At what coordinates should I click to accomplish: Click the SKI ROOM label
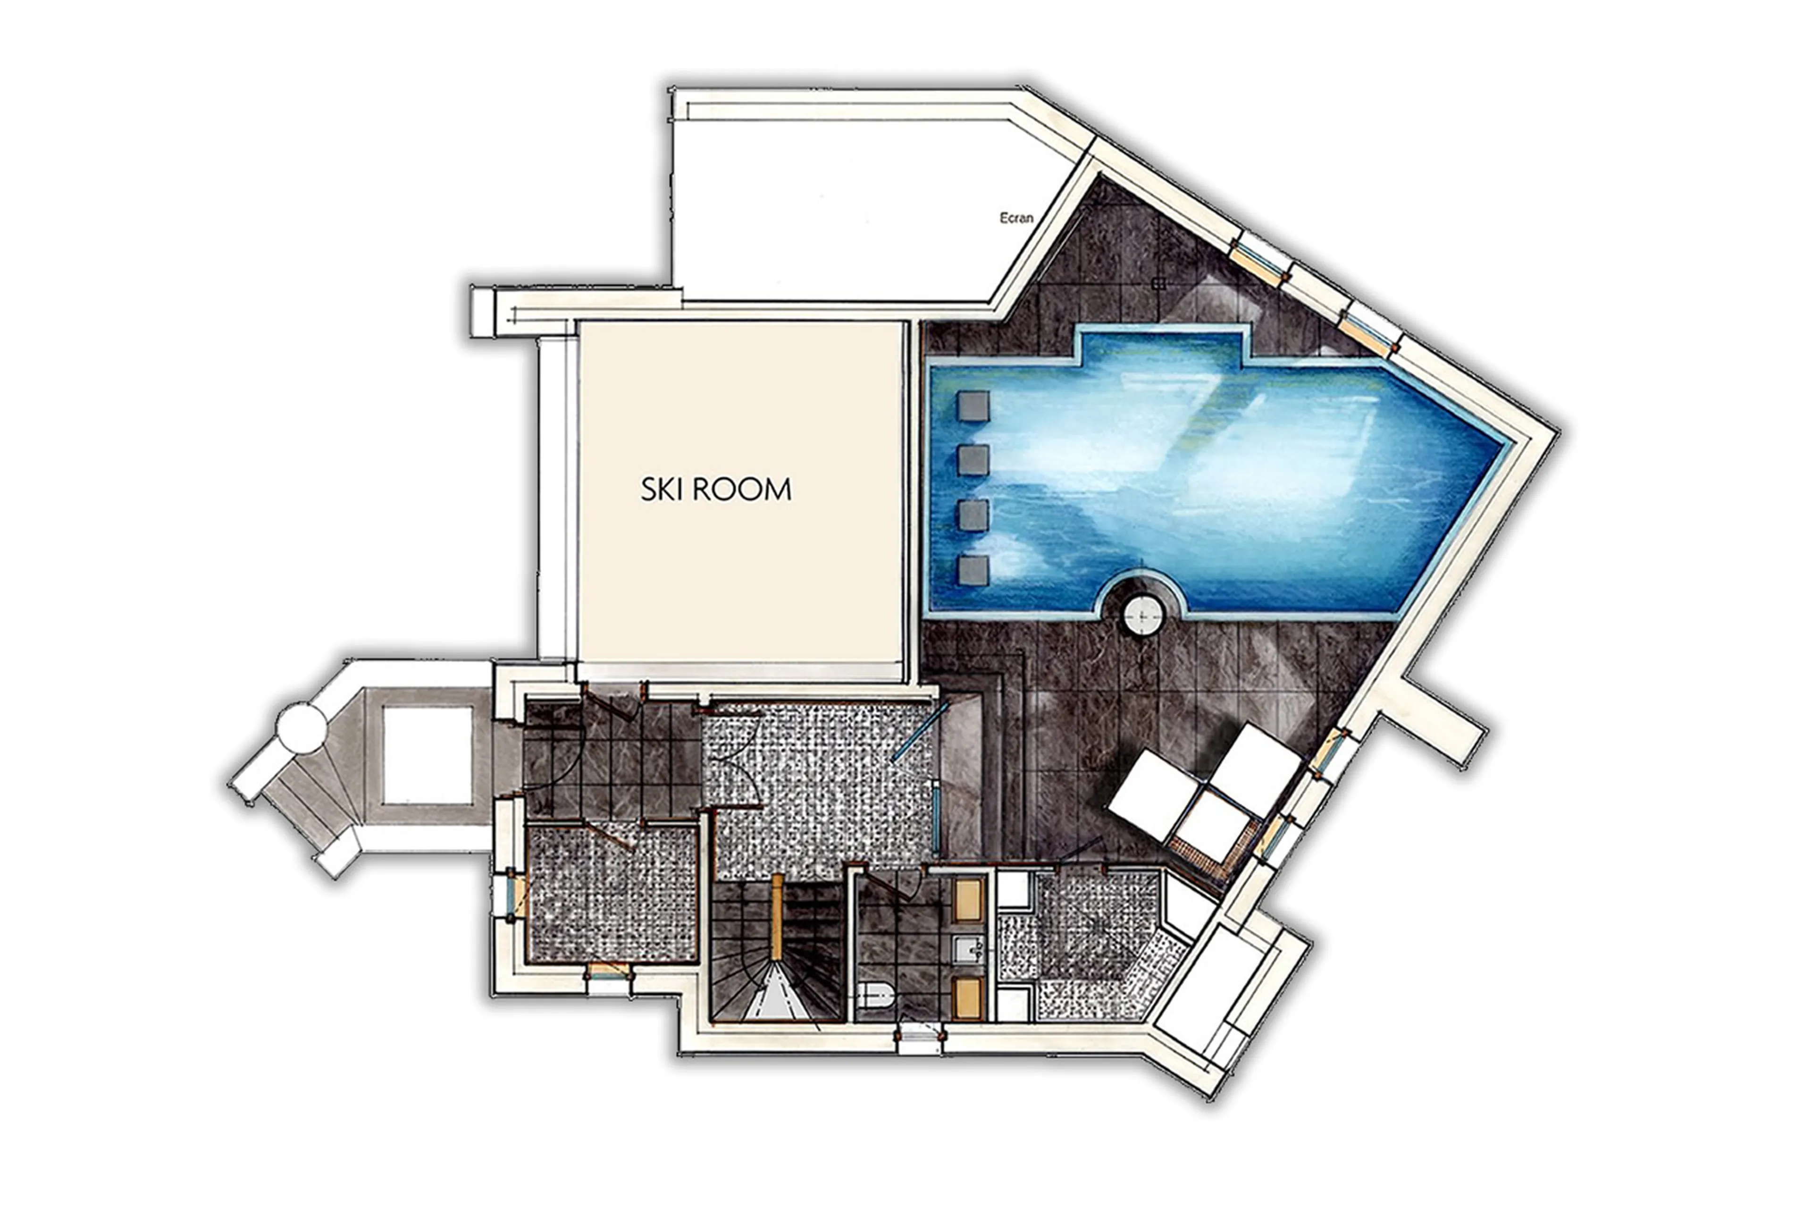click(x=715, y=490)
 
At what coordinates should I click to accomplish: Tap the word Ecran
click(x=1016, y=218)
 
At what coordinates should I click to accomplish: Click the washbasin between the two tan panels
click(x=968, y=949)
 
